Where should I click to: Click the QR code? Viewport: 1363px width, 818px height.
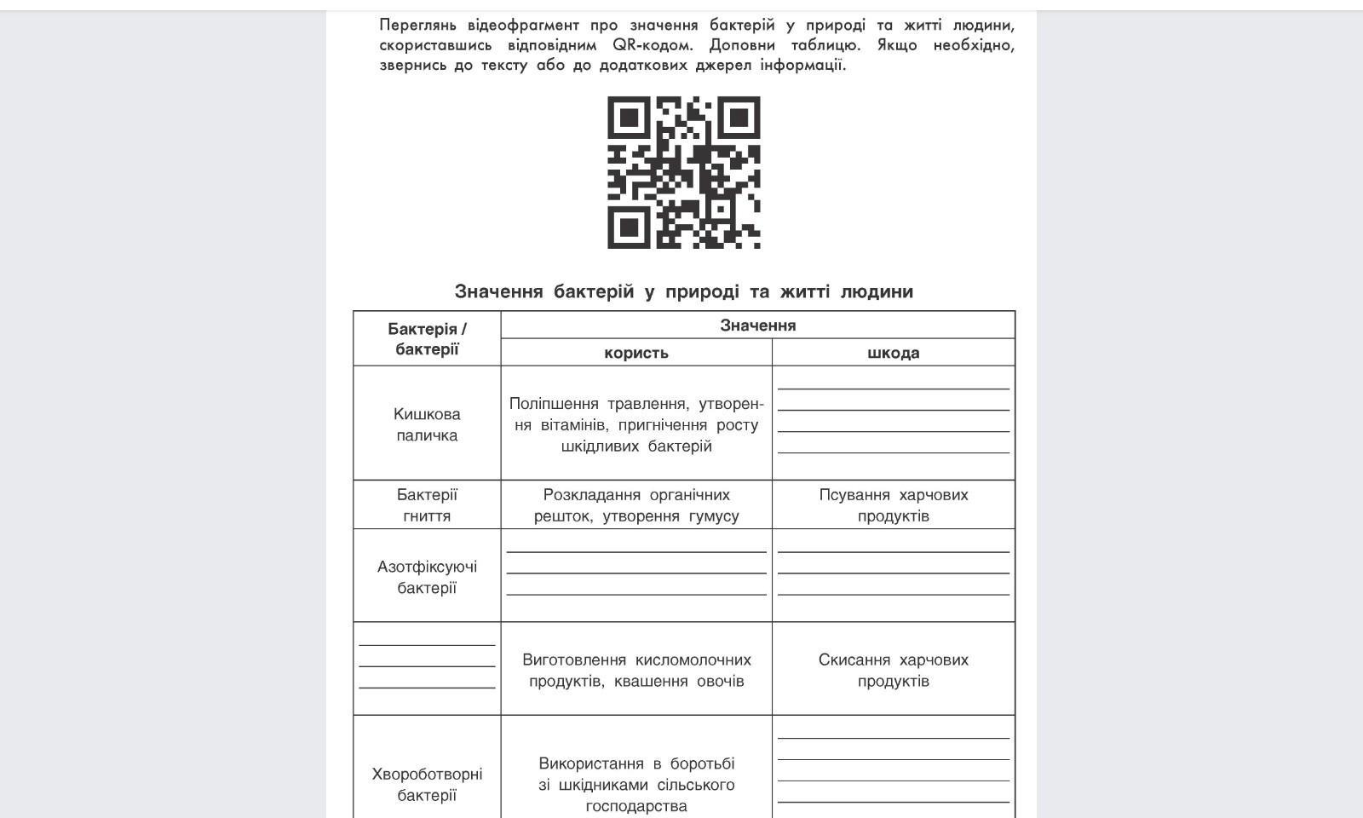point(683,172)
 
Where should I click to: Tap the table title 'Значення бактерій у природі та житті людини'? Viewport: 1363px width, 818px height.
point(683,291)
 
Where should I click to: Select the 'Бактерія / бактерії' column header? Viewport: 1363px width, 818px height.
point(427,338)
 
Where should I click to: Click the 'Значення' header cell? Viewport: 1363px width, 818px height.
point(757,325)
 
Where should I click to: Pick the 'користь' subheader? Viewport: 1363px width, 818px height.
point(635,353)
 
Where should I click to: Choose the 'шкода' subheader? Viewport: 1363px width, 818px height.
point(893,353)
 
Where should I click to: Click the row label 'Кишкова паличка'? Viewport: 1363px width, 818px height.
point(427,424)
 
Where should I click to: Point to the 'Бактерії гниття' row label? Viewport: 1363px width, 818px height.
point(427,505)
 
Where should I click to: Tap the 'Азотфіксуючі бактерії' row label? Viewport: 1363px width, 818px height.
point(427,577)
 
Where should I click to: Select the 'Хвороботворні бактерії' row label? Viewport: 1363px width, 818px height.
point(427,785)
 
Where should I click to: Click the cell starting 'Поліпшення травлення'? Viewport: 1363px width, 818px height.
point(635,424)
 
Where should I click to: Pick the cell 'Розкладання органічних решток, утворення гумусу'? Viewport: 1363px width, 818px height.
point(635,505)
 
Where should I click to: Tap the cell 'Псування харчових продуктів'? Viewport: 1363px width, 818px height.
point(893,505)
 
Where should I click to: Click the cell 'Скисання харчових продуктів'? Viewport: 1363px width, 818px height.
point(893,670)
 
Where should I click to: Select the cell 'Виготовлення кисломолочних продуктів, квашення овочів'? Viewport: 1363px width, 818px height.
point(635,670)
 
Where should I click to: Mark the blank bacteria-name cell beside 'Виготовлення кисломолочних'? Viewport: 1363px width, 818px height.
point(427,667)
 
